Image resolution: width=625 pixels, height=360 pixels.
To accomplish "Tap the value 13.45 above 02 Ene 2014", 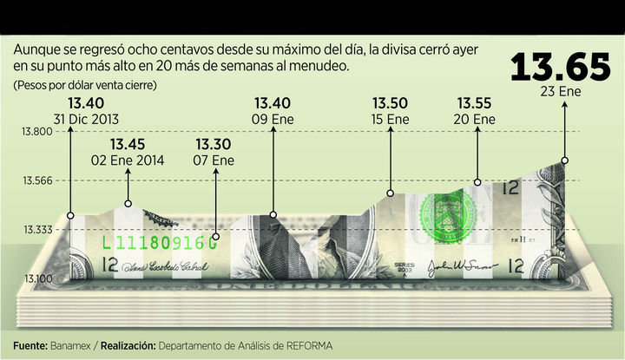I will pyautogui.click(x=128, y=144).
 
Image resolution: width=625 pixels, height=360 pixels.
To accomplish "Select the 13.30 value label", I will pyautogui.click(x=214, y=144).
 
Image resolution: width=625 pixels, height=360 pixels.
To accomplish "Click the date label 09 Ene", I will pyautogui.click(x=273, y=118).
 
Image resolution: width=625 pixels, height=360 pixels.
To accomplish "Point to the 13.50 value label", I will pyautogui.click(x=390, y=102).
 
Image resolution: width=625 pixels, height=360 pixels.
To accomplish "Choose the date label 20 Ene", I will pyautogui.click(x=477, y=119).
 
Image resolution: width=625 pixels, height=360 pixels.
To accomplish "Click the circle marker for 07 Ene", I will pyautogui.click(x=214, y=236).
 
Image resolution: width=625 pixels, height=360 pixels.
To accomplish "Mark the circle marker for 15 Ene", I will pyautogui.click(x=391, y=193).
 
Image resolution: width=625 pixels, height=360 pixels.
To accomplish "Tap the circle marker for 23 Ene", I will pyautogui.click(x=565, y=160).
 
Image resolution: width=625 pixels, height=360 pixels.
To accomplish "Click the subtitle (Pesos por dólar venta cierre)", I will pyautogui.click(x=84, y=85).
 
